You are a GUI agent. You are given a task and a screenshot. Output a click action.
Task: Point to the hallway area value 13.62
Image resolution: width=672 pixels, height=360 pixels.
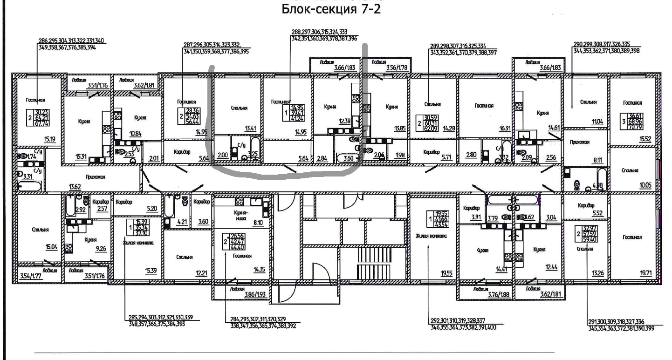pos(75,187)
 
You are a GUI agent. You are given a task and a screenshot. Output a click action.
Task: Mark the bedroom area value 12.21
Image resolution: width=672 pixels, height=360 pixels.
pos(202,273)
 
